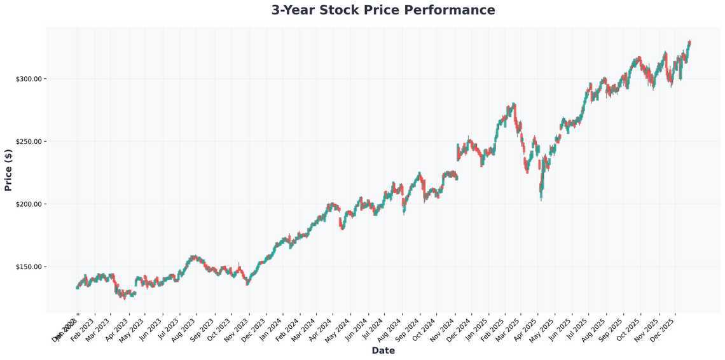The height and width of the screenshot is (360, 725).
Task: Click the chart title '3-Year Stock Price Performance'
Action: click(383, 10)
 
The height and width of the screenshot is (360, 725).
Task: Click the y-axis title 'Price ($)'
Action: click(8, 170)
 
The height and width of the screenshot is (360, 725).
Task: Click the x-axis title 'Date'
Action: click(383, 350)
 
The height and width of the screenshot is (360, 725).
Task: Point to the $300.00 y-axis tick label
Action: click(29, 79)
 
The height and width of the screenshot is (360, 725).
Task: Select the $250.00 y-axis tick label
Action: click(29, 141)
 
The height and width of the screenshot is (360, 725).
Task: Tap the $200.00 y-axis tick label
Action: click(29, 204)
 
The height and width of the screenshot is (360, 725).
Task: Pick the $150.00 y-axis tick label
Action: click(29, 267)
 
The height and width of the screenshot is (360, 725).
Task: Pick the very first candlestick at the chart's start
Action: click(77, 287)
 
